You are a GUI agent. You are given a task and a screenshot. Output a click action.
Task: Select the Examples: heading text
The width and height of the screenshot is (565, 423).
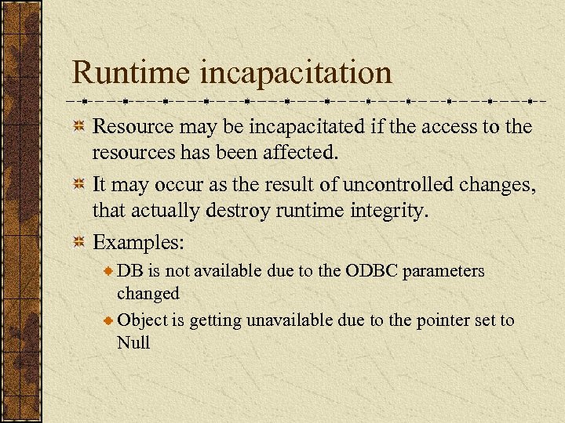(x=139, y=243)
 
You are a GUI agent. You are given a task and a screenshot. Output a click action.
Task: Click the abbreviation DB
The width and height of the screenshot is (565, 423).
(x=129, y=271)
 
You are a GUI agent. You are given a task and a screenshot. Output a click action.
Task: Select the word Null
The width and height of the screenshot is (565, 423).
(x=133, y=342)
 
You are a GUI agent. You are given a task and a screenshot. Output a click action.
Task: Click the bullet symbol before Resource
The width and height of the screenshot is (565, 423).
(x=79, y=126)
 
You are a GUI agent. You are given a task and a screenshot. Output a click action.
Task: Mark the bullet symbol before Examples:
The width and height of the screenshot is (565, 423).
(x=79, y=243)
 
